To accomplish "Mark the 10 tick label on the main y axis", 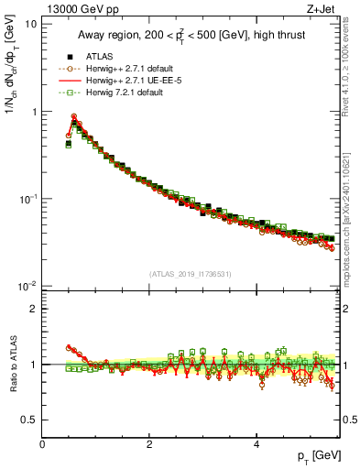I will click(x=30, y=24).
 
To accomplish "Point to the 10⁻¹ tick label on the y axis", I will click(x=27, y=199).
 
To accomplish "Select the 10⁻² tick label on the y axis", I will click(x=27, y=287).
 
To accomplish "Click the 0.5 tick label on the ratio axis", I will click(x=27, y=420).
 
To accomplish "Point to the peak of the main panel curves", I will click(x=74, y=117).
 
